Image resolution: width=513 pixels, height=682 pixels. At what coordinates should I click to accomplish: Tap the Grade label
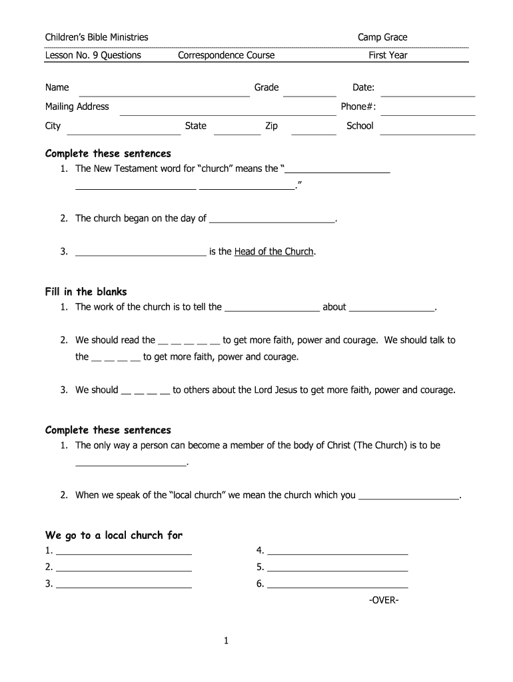tap(266, 88)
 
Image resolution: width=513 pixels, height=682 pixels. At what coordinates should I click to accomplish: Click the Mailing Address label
tap(77, 107)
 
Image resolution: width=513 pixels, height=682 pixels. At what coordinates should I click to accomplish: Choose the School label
tap(360, 126)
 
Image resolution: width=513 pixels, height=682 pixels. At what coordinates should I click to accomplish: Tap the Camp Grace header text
tap(382, 37)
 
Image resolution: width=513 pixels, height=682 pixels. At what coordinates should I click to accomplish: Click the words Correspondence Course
tap(227, 55)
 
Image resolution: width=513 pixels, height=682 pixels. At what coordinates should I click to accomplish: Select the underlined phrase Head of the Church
tap(274, 252)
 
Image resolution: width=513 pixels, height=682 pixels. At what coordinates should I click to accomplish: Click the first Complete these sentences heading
tap(108, 154)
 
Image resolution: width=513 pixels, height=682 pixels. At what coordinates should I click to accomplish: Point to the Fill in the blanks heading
tap(86, 292)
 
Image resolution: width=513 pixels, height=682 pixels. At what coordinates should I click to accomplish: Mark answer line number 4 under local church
tap(337, 554)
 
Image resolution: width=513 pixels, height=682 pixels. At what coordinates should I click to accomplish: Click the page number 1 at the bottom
tap(227, 641)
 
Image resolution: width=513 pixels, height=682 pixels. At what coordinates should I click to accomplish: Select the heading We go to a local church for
tap(114, 535)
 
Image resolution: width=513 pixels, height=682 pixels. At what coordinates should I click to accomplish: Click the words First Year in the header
tap(388, 55)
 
